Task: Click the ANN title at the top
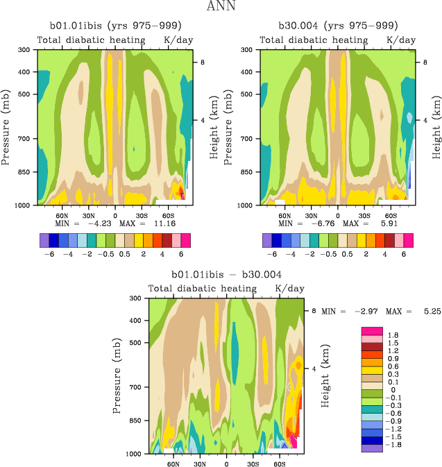pyautogui.click(x=221, y=8)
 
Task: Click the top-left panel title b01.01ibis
pyautogui.click(x=114, y=25)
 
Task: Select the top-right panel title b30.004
pyautogui.click(x=338, y=25)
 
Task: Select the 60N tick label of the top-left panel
pyautogui.click(x=61, y=216)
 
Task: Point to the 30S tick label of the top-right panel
pyautogui.click(x=364, y=216)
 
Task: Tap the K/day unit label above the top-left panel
pyautogui.click(x=178, y=40)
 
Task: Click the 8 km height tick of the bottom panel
pyautogui.click(x=314, y=312)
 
